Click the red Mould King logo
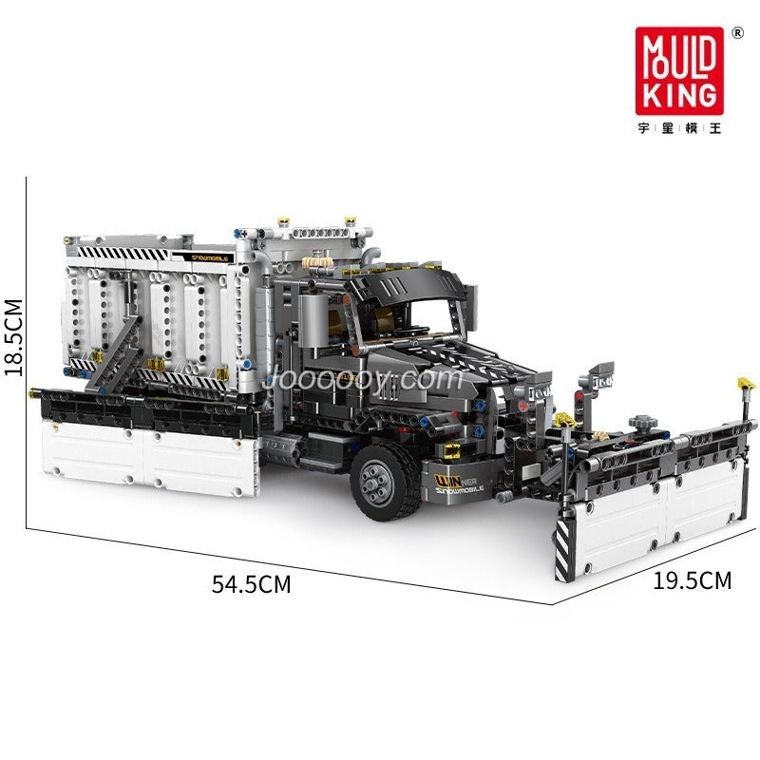[680, 71]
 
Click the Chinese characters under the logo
[680, 128]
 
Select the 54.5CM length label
[251, 583]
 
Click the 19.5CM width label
[692, 579]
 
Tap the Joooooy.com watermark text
[361, 379]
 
